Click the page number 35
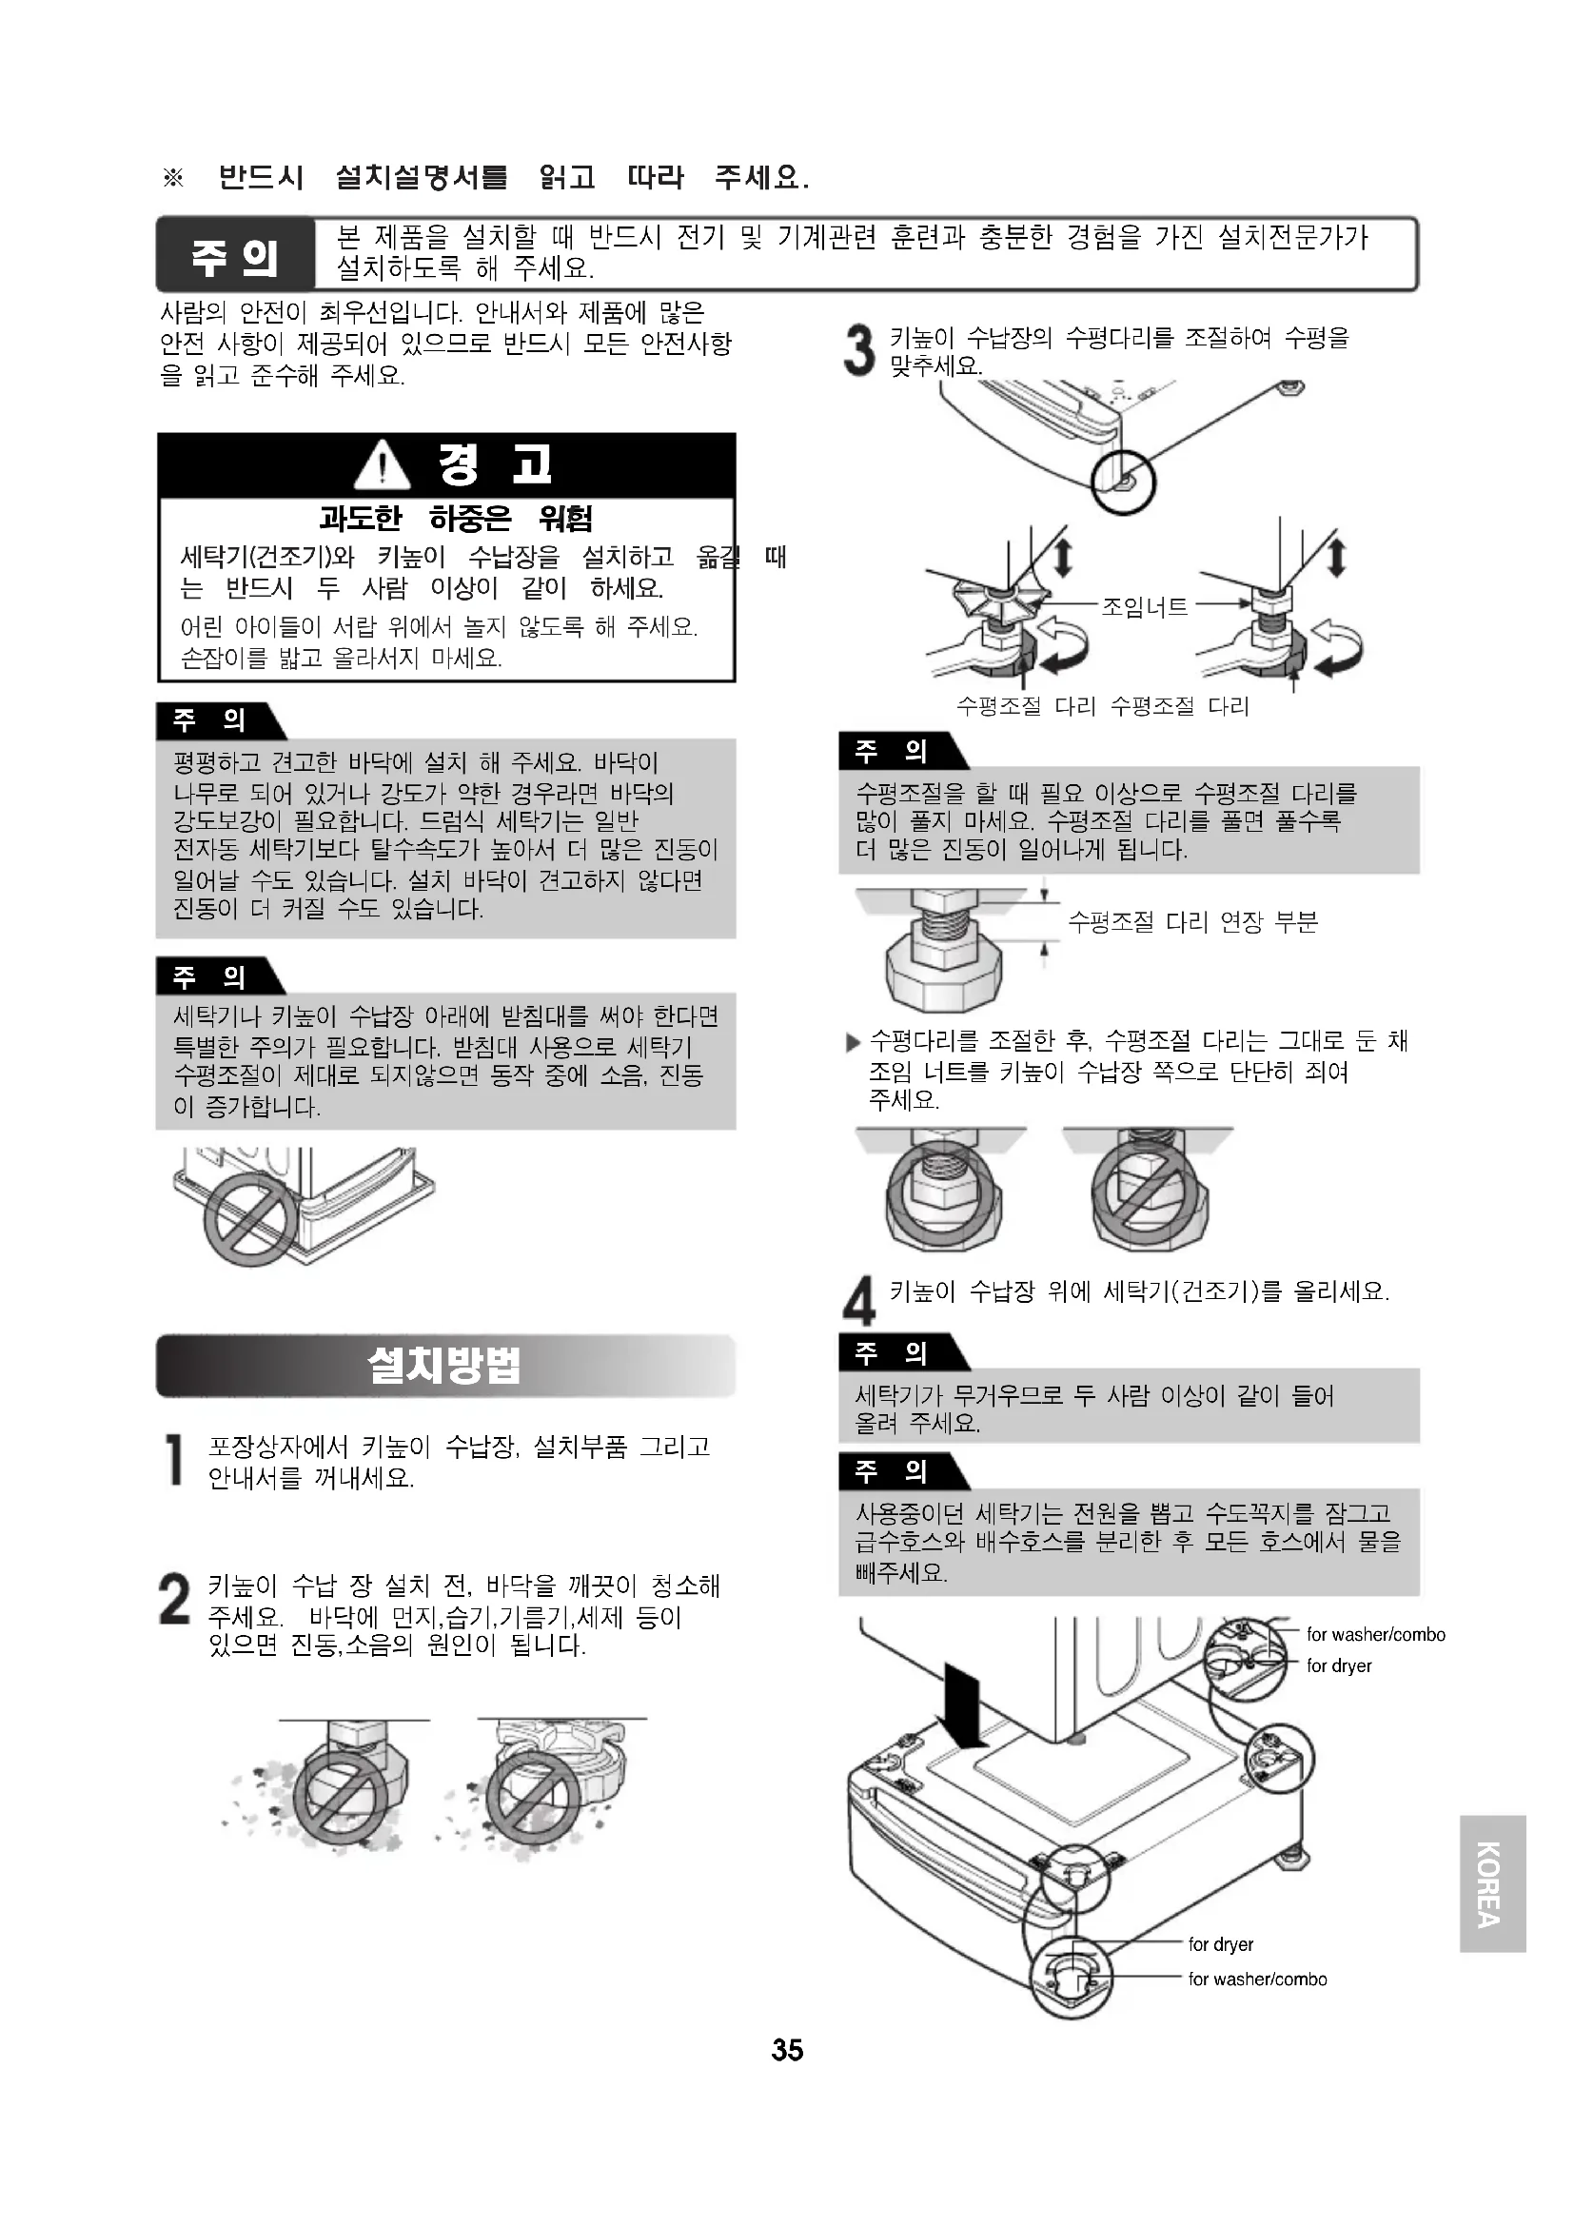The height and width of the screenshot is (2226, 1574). tap(787, 2050)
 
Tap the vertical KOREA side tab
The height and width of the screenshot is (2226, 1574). tap(1492, 1883)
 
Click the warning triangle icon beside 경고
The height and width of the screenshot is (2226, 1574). tap(382, 464)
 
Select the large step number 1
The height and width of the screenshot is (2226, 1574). tap(174, 1460)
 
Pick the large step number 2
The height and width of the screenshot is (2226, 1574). tap(174, 1599)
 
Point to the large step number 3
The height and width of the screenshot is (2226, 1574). tap(858, 350)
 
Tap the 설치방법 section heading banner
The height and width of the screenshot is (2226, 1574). tap(445, 1366)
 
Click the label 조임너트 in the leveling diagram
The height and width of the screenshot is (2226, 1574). tap(1145, 607)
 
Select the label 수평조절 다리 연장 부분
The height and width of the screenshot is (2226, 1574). tap(1193, 921)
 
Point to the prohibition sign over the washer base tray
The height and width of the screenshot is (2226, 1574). tap(250, 1219)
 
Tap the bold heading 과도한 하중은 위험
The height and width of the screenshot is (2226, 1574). tap(456, 519)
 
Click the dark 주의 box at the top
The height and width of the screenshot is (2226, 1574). tap(235, 255)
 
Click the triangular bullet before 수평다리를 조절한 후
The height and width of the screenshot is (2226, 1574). tap(853, 1043)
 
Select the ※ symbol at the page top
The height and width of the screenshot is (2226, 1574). tap(172, 177)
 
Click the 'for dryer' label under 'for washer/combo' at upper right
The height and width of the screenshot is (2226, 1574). tap(1339, 1665)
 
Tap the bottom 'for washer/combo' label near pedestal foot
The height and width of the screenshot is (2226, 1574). tap(1257, 1979)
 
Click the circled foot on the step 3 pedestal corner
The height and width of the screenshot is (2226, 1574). tap(1123, 482)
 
